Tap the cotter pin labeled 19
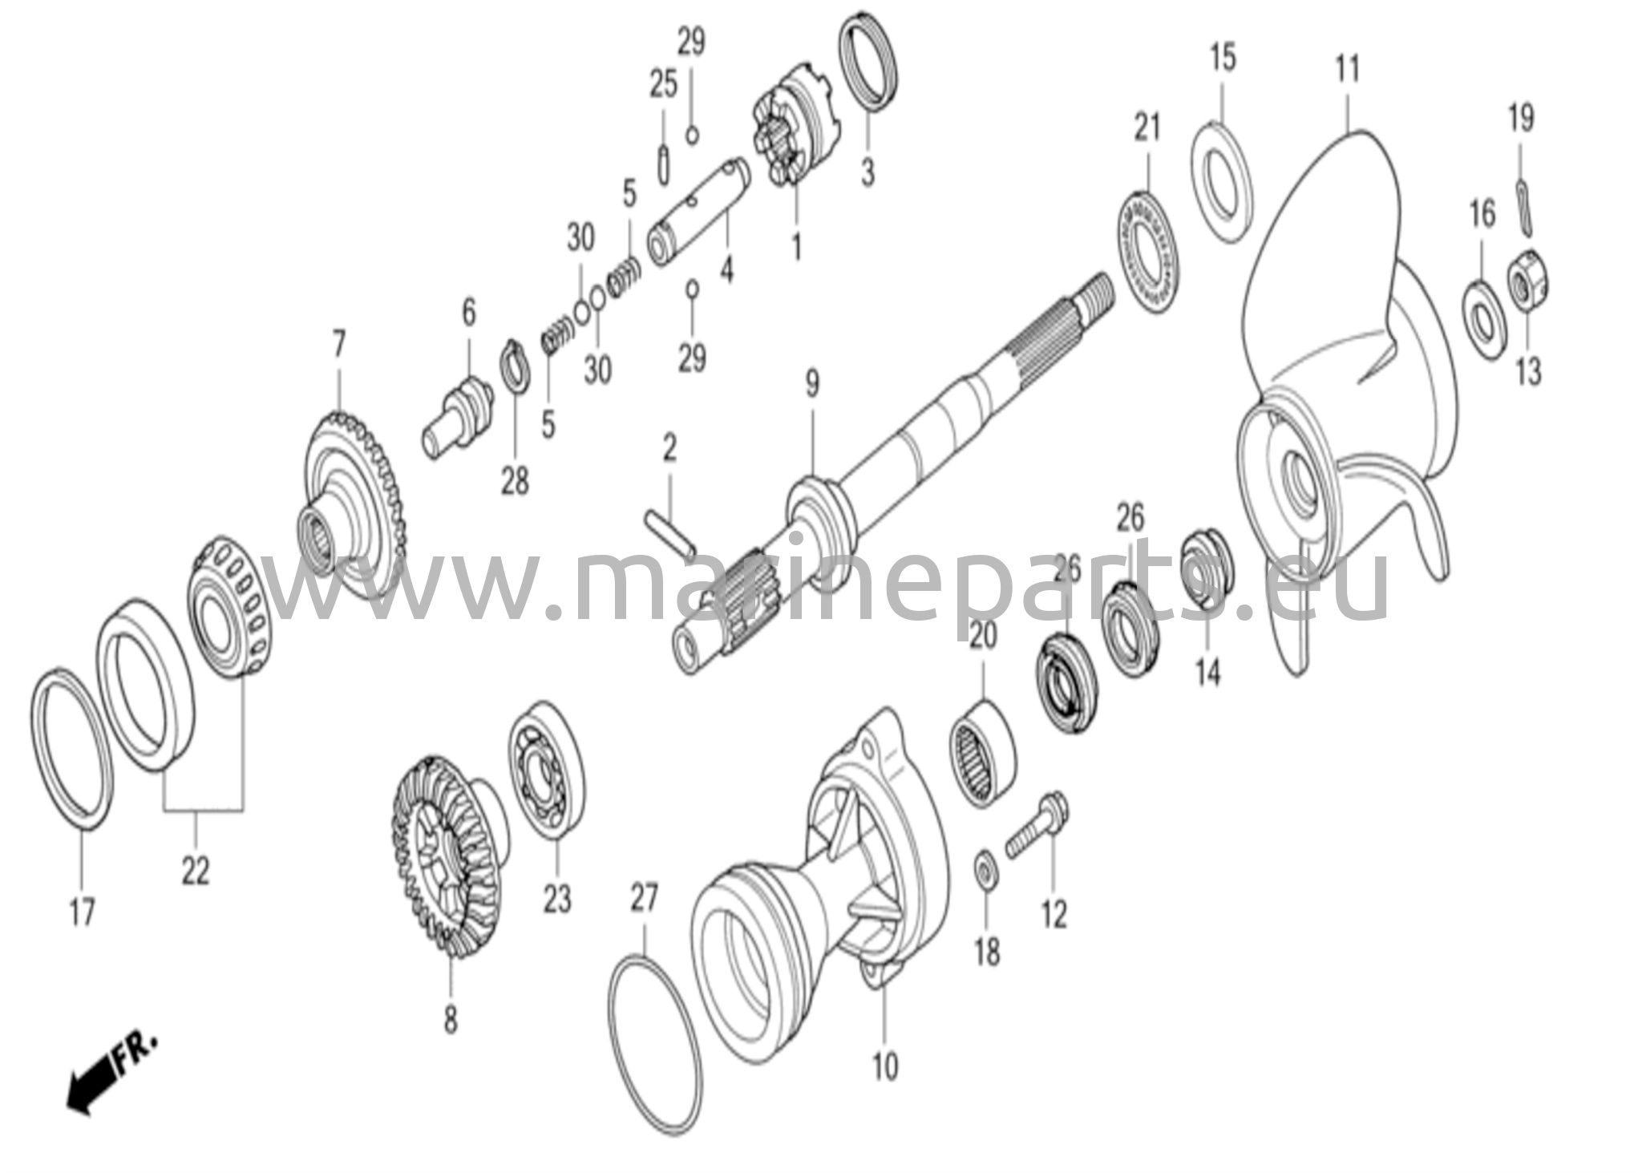coord(1523,206)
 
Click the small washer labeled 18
coord(985,872)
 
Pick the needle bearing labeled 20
coord(983,753)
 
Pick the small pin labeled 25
coord(663,164)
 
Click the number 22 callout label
coord(195,870)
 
